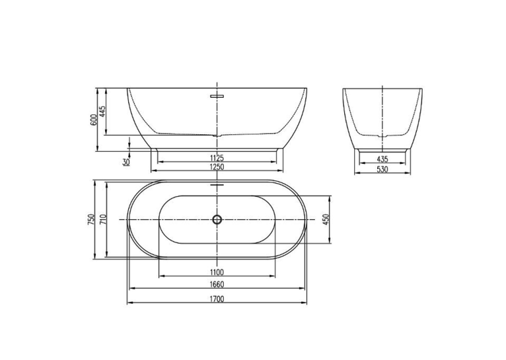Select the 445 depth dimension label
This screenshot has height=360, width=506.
coord(102,111)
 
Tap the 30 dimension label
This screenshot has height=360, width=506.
coord(126,162)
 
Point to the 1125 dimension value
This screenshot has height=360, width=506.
coord(217,158)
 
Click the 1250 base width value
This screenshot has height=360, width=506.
coord(217,166)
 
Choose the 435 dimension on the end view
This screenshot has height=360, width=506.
coord(382,159)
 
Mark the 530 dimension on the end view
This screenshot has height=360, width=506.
coord(382,169)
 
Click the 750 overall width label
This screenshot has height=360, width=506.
coord(91,219)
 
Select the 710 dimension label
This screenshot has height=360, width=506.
coord(103,219)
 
